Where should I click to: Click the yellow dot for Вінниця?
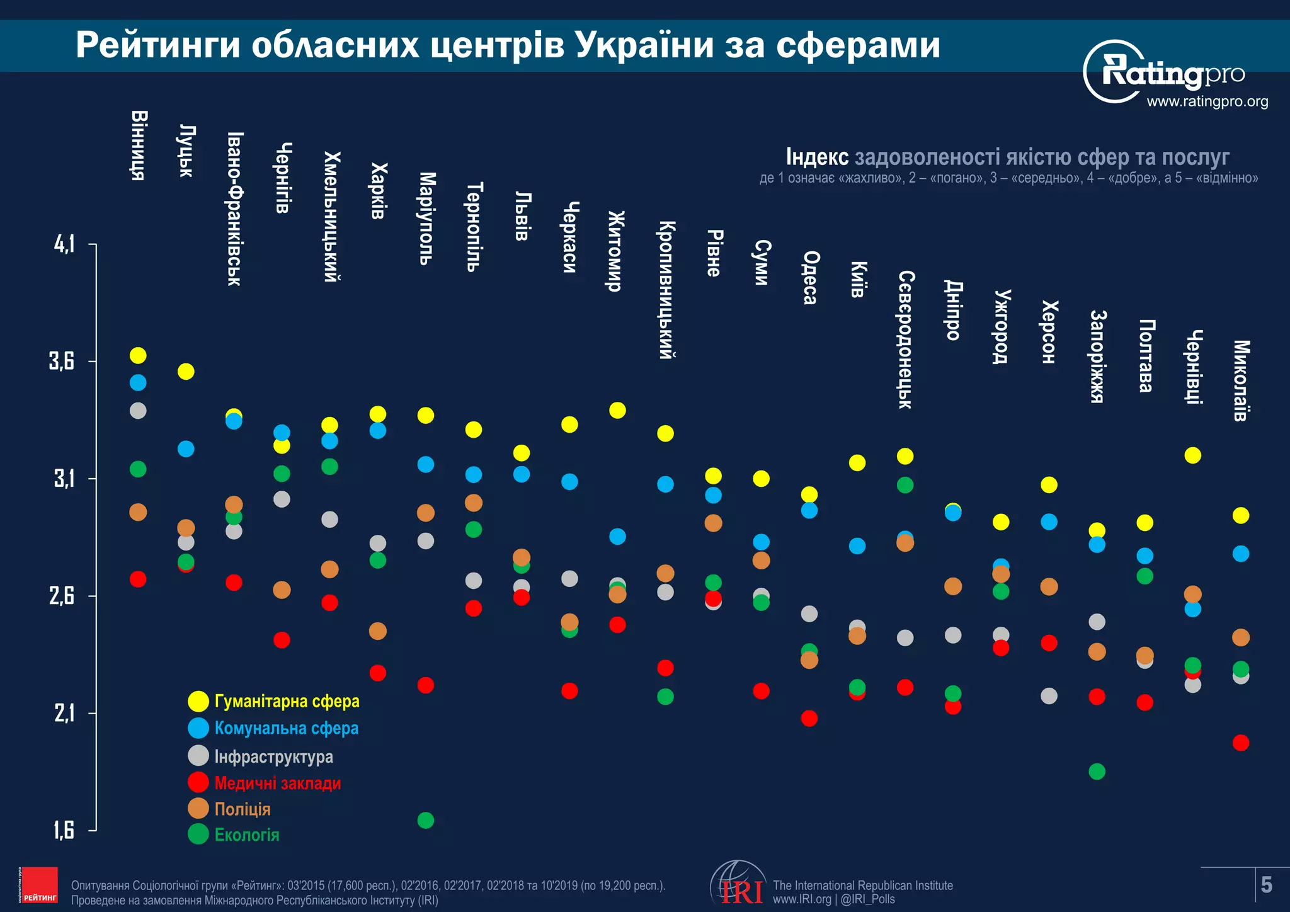click(138, 355)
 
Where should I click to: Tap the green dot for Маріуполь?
click(426, 820)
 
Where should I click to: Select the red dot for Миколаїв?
click(1240, 743)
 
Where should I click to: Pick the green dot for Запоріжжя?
click(1097, 771)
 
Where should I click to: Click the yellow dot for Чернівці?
click(1192, 455)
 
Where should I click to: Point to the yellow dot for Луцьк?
click(186, 371)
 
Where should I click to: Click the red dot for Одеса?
click(809, 718)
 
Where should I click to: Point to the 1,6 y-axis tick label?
click(64, 830)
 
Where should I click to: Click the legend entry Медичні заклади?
click(277, 783)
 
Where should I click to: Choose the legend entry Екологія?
click(246, 835)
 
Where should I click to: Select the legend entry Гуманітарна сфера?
click(287, 701)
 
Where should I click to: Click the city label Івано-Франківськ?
click(234, 208)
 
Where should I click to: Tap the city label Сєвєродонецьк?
click(905, 339)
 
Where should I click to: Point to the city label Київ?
click(858, 279)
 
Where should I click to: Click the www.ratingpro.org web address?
click(1207, 101)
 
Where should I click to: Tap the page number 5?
click(1267, 885)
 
